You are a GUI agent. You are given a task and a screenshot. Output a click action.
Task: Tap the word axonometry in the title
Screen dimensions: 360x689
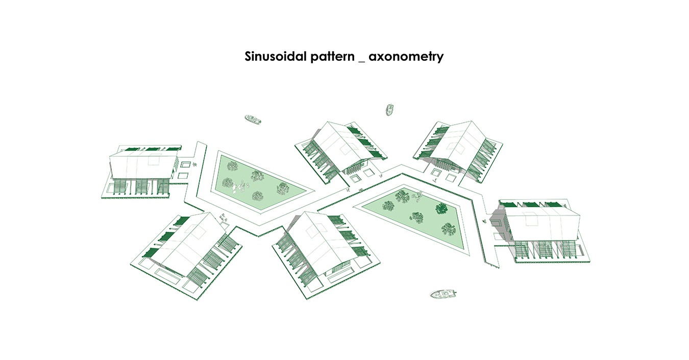(406, 57)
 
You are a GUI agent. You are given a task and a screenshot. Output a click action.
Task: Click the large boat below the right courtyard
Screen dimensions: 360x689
(442, 294)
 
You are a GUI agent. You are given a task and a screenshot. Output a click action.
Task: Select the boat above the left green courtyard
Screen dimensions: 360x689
(253, 120)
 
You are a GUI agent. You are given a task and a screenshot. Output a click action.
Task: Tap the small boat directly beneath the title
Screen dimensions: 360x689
(389, 109)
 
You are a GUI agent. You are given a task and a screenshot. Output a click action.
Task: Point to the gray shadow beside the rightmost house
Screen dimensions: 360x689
(496, 224)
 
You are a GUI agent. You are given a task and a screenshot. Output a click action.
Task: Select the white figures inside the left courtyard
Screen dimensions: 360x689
(235, 187)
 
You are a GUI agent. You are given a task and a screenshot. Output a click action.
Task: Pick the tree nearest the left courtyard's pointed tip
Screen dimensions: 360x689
(284, 188)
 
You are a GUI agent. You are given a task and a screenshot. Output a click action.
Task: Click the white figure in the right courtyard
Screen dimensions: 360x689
(417, 194)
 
